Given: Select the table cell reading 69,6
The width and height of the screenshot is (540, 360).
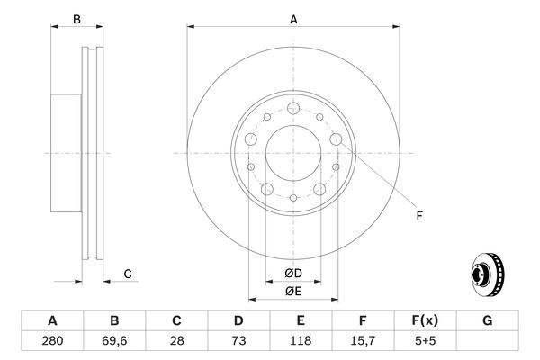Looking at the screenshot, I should click(114, 343).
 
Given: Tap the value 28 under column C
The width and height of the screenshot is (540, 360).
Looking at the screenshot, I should click(176, 343).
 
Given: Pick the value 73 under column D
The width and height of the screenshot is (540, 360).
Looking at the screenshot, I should click(238, 343).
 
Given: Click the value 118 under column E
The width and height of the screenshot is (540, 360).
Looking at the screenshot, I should click(301, 343).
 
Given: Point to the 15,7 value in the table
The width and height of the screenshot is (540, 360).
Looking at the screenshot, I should click(363, 343).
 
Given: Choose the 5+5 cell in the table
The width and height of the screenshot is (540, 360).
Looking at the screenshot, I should click(425, 343).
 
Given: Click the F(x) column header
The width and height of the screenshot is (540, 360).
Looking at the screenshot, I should click(425, 320).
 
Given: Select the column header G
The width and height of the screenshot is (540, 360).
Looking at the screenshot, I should click(487, 320).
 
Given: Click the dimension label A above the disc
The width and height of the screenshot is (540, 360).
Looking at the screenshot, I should click(292, 18).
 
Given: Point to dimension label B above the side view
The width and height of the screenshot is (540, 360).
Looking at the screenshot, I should click(76, 19).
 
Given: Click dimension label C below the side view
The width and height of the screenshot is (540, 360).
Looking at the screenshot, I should click(128, 274).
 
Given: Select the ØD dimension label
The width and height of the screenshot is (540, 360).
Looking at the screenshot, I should click(292, 274).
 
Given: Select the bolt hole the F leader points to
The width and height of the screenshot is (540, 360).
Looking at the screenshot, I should click(336, 139).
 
